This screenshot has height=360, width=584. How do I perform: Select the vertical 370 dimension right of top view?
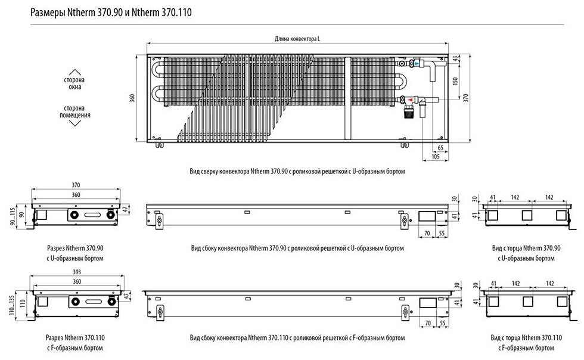[x=467, y=98]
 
